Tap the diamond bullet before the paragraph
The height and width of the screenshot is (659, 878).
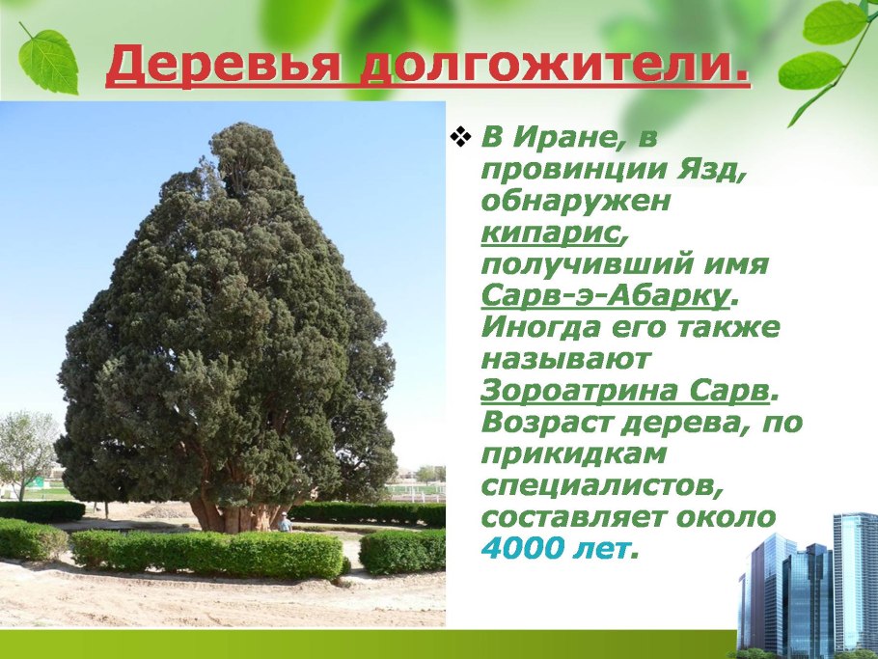459,138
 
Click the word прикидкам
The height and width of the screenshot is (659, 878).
562,454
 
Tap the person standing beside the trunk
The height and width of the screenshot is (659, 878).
285,522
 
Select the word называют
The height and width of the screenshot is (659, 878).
566,360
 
